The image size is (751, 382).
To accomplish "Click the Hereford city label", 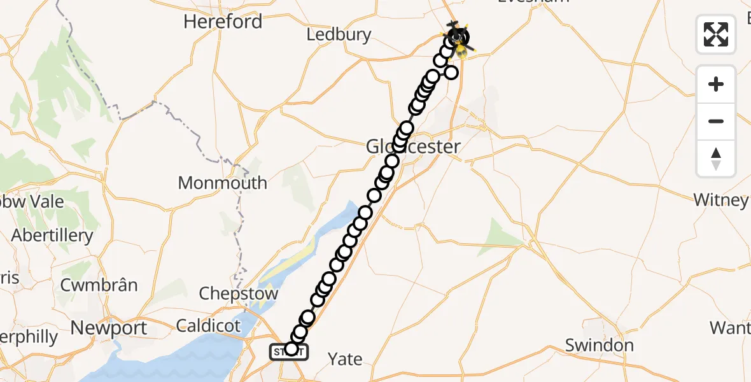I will pyautogui.click(x=223, y=22).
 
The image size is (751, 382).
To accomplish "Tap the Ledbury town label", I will pyautogui.click(x=339, y=34).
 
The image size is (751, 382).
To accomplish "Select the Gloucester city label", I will pyautogui.click(x=413, y=147).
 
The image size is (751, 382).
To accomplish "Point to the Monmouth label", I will pyautogui.click(x=222, y=183).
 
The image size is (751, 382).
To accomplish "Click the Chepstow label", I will pyautogui.click(x=239, y=294).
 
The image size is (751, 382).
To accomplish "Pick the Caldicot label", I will pyautogui.click(x=209, y=327).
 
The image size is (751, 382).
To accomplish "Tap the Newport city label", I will pyautogui.click(x=109, y=329).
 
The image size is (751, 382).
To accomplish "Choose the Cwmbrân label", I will pyautogui.click(x=99, y=285).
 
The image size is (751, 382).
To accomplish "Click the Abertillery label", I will pyautogui.click(x=52, y=236).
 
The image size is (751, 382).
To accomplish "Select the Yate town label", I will pyautogui.click(x=345, y=359).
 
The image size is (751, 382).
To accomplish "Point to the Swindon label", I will pyautogui.click(x=600, y=346).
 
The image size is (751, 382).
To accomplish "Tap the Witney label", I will pyautogui.click(x=720, y=200).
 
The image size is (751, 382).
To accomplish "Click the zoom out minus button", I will pyautogui.click(x=716, y=121).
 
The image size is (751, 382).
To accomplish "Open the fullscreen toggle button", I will pyautogui.click(x=716, y=34).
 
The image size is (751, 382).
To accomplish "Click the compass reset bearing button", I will pyautogui.click(x=716, y=158).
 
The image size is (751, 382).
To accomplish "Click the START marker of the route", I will pyautogui.click(x=289, y=351).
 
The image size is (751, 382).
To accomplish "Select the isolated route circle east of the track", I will pyautogui.click(x=451, y=72).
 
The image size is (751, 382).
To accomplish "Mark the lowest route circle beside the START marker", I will pyautogui.click(x=291, y=349).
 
